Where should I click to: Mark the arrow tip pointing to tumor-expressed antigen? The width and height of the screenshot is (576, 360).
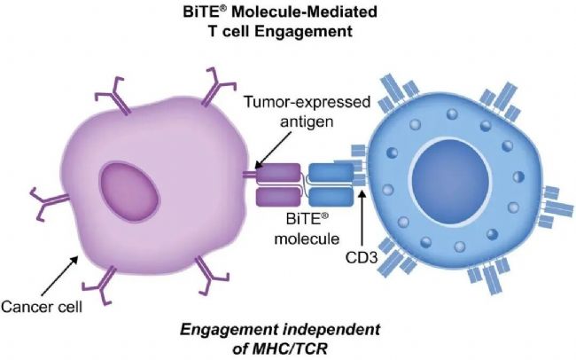pyautogui.click(x=253, y=165)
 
